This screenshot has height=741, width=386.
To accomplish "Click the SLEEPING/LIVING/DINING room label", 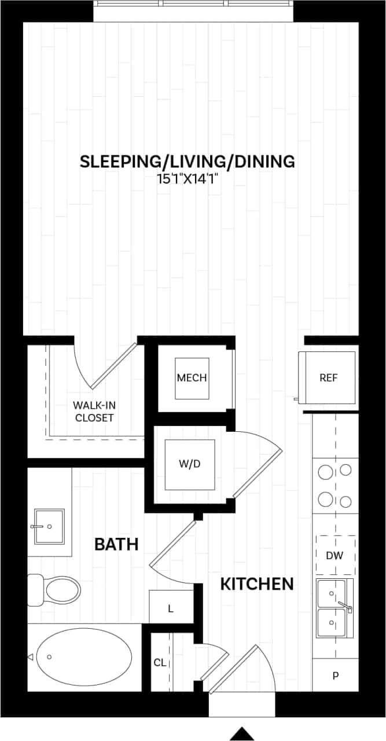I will click(x=187, y=162).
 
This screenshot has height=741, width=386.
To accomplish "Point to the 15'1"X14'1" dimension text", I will click(x=186, y=179).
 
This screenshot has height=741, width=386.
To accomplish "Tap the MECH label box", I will click(x=192, y=378).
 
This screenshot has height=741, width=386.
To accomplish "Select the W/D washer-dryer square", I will click(x=190, y=464).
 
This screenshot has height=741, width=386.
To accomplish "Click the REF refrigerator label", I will click(x=328, y=378).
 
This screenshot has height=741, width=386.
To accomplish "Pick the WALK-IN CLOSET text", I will click(x=93, y=411).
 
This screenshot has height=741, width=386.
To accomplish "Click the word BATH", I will click(x=116, y=544).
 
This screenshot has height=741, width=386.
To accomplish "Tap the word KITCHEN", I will click(x=257, y=584).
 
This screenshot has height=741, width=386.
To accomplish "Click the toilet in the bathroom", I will click(x=58, y=590).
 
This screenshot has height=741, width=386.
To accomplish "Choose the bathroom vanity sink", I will click(x=49, y=527).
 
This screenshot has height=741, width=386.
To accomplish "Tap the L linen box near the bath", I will click(x=171, y=608).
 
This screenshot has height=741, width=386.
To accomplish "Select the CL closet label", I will click(x=160, y=662).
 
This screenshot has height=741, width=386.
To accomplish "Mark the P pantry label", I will click(x=335, y=676).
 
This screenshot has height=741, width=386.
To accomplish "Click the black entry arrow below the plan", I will click(x=242, y=733).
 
